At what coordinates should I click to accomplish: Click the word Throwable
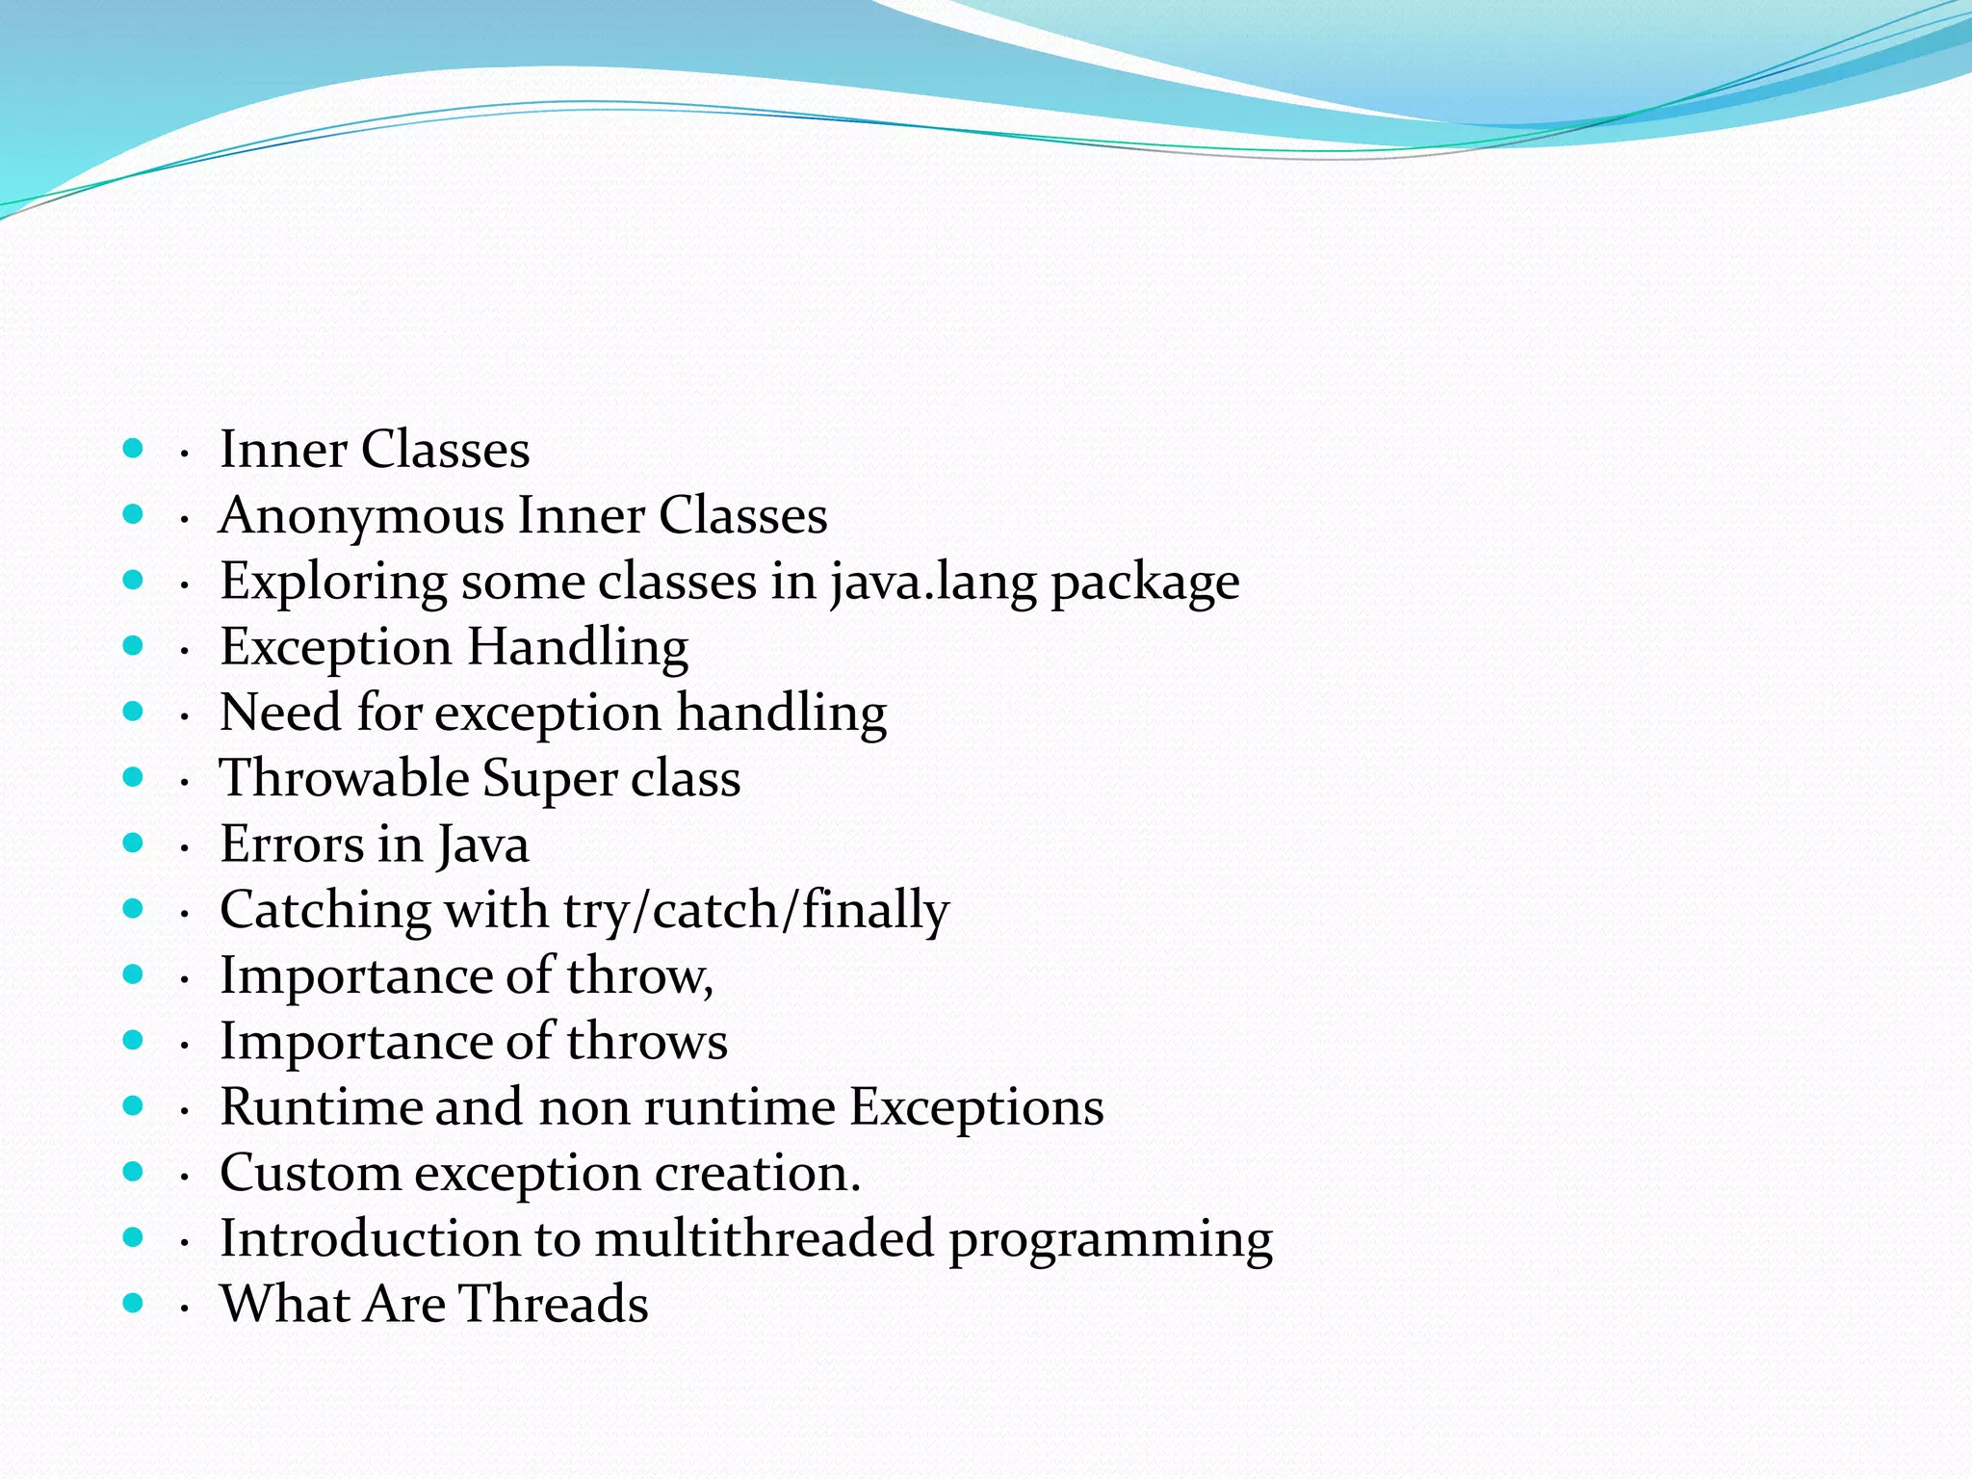(x=343, y=778)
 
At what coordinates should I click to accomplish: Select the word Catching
(x=324, y=911)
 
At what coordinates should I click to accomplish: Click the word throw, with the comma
(x=639, y=975)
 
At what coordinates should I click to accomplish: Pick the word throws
(x=646, y=1042)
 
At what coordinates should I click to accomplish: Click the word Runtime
(x=321, y=1107)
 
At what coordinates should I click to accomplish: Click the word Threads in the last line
(x=553, y=1305)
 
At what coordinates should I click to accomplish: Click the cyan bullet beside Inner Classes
(x=134, y=448)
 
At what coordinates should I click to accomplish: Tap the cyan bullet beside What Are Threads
(x=134, y=1303)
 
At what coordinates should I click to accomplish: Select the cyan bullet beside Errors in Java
(x=134, y=843)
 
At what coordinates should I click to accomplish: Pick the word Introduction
(x=370, y=1239)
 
